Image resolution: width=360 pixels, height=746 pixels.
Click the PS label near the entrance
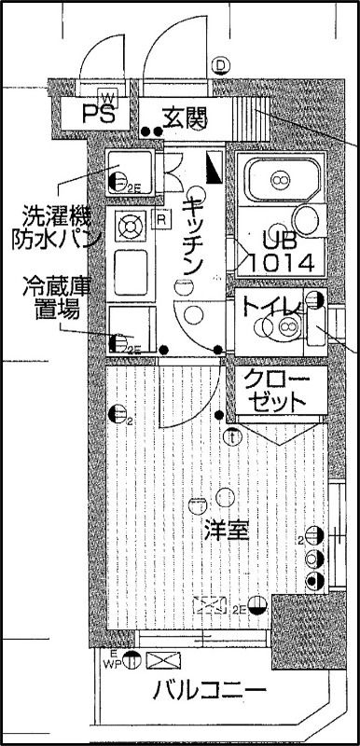tap(100, 116)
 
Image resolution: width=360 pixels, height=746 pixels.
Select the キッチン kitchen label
tap(193, 236)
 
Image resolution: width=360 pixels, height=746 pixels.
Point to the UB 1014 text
tap(277, 250)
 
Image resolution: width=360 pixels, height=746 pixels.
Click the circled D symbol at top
tap(220, 65)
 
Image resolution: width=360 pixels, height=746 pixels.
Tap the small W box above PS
tap(107, 98)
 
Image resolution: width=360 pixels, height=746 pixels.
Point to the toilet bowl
tap(284, 326)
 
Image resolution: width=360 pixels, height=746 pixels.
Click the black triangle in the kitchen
tap(215, 170)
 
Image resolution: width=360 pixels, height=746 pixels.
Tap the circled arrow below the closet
tap(232, 434)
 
